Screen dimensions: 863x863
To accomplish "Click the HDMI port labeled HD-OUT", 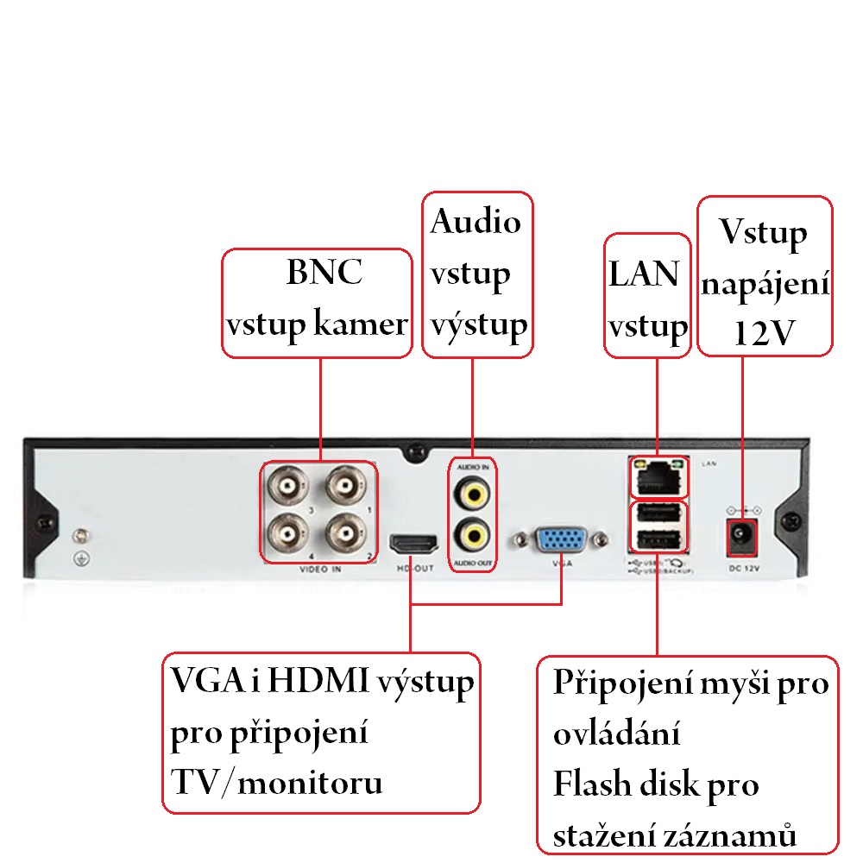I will pyautogui.click(x=415, y=545).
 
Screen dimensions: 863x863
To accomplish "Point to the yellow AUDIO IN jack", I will pyautogui.click(x=472, y=494).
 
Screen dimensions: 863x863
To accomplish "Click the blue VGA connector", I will pyautogui.click(x=562, y=541).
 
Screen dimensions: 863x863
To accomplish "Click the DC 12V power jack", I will pyautogui.click(x=742, y=536).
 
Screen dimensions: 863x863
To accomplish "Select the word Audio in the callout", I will pyautogui.click(x=476, y=222).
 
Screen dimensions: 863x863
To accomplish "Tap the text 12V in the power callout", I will pyautogui.click(x=764, y=334).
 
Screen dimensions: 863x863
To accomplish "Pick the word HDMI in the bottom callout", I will pyautogui.click(x=318, y=683).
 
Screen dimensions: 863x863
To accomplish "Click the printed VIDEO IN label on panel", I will pyautogui.click(x=320, y=570).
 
